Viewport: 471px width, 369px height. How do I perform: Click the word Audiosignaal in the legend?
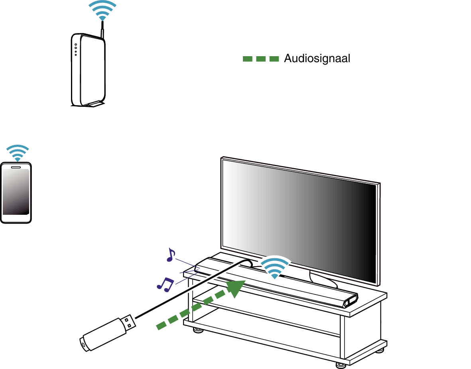pyautogui.click(x=317, y=59)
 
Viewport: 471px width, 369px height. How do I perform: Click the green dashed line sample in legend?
pyautogui.click(x=260, y=59)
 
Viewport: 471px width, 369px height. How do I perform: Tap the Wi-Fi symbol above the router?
pyautogui.click(x=102, y=10)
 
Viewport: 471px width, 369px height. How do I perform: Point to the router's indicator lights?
pyautogui.click(x=75, y=49)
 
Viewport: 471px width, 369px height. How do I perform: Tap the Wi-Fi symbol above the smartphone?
pyautogui.click(x=18, y=153)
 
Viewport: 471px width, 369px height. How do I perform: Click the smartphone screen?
pyautogui.click(x=16, y=192)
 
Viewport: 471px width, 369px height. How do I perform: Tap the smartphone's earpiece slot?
pyautogui.click(x=16, y=167)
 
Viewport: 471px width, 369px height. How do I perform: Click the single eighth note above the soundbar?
pyautogui.click(x=171, y=255)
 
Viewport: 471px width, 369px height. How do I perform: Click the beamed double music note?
pyautogui.click(x=165, y=283)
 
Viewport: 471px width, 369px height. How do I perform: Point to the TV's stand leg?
pyautogui.click(x=323, y=279)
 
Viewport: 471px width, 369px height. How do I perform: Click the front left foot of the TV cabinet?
pyautogui.click(x=197, y=330)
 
